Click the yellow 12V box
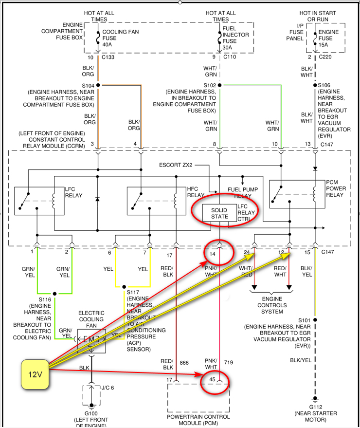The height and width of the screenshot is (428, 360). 35,374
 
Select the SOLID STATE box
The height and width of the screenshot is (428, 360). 219,213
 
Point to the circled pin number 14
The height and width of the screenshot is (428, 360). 213,254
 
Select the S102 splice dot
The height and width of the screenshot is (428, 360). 219,85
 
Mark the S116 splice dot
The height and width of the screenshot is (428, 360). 54,294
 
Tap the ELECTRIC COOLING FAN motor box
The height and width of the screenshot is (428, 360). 91,339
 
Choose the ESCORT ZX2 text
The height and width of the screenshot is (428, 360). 176,165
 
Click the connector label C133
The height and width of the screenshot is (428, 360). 109,57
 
